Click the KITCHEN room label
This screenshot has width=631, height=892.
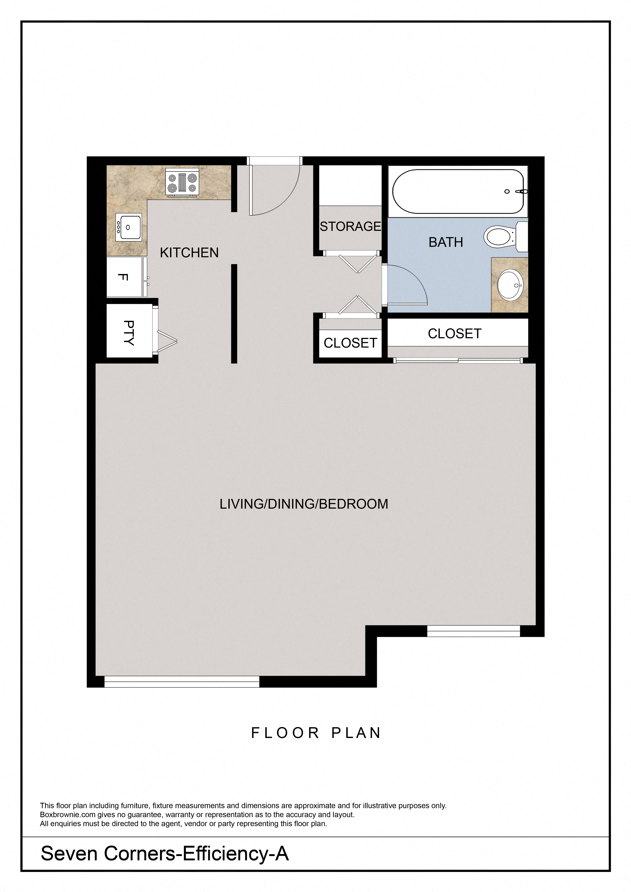coord(189,253)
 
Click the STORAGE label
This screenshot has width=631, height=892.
coord(350,227)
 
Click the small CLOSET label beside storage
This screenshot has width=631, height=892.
coord(350,343)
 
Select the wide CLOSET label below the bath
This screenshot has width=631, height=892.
coord(455,334)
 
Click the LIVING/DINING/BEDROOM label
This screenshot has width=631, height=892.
coord(304,504)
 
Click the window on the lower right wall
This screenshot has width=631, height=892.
coord(474,631)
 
